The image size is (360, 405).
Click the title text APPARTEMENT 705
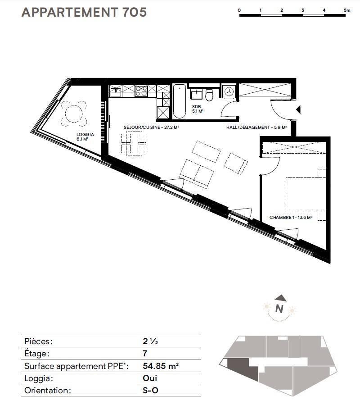pyautogui.click(x=84, y=12)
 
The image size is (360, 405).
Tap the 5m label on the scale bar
pyautogui.click(x=347, y=10)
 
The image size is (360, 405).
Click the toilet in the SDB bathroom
pyautogui.click(x=209, y=95)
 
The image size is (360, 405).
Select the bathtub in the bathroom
pyautogui.click(x=180, y=101)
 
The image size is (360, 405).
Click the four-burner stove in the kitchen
pyautogui.click(x=141, y=91)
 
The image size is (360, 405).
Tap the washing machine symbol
pyautogui.click(x=229, y=91)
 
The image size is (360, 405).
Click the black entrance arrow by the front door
pyautogui.click(x=299, y=110)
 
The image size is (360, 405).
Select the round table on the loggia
pyautogui.click(x=74, y=114)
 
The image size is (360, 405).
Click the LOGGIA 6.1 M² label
pyautogui.click(x=85, y=137)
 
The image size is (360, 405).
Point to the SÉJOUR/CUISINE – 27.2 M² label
pyautogui.click(x=152, y=127)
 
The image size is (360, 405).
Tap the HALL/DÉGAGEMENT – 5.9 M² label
pyautogui.click(x=256, y=127)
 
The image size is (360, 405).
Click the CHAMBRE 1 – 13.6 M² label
pyautogui.click(x=291, y=218)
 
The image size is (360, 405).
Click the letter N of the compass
pyautogui.click(x=279, y=309)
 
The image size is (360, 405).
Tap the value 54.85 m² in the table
pyautogui.click(x=161, y=366)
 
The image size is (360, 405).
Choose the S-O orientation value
pyautogui.click(x=150, y=390)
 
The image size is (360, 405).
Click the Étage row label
pyautogui.click(x=36, y=353)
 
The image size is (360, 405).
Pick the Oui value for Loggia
pyautogui.click(x=150, y=378)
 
